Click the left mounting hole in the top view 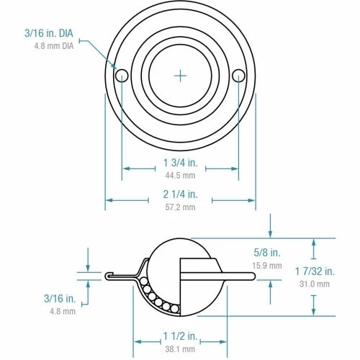[121, 74]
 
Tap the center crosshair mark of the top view [180, 74]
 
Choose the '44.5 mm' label [180, 175]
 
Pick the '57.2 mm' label [180, 207]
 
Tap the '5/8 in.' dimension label [268, 253]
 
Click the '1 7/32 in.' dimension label [315, 271]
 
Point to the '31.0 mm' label [315, 283]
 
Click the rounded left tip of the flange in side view [107, 275]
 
